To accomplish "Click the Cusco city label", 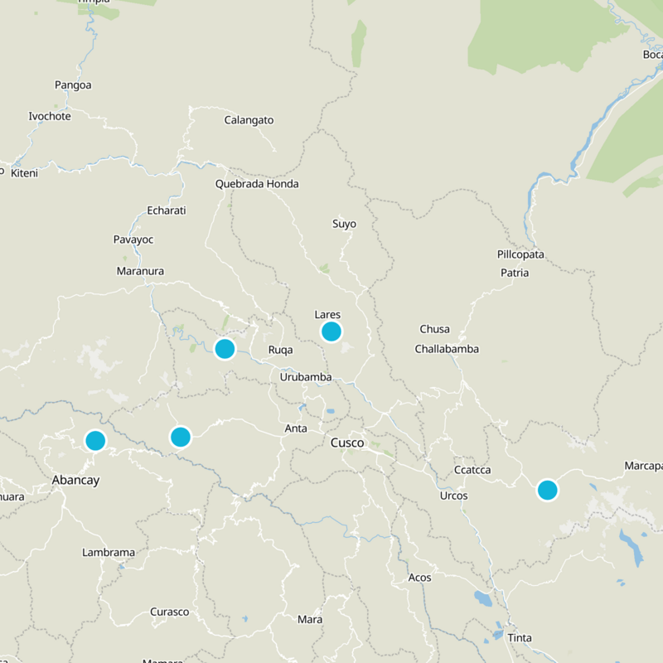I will pyautogui.click(x=347, y=443).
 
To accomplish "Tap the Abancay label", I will pyautogui.click(x=75, y=479).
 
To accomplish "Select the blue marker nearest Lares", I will pyautogui.click(x=331, y=331).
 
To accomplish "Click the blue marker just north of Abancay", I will pyautogui.click(x=95, y=440).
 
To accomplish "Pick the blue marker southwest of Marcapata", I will pyautogui.click(x=547, y=490).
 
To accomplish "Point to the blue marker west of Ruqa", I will pyautogui.click(x=225, y=348).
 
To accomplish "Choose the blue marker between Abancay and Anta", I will pyautogui.click(x=181, y=436).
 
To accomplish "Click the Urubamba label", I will pyautogui.click(x=306, y=377).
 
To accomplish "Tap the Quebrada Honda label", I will pyautogui.click(x=257, y=184).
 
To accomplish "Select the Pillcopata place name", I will pyautogui.click(x=520, y=254).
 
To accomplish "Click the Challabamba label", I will pyautogui.click(x=447, y=349).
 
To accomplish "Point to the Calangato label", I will pyautogui.click(x=249, y=120).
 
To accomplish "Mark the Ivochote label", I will pyautogui.click(x=50, y=116).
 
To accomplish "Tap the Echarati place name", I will pyautogui.click(x=166, y=211).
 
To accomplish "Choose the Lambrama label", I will pyautogui.click(x=109, y=552).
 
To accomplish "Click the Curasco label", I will pyautogui.click(x=169, y=612).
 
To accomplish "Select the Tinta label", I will pyautogui.click(x=520, y=638).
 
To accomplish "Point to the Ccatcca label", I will pyautogui.click(x=472, y=470).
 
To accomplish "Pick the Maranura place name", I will pyautogui.click(x=140, y=271).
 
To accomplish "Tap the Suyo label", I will pyautogui.click(x=344, y=224).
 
